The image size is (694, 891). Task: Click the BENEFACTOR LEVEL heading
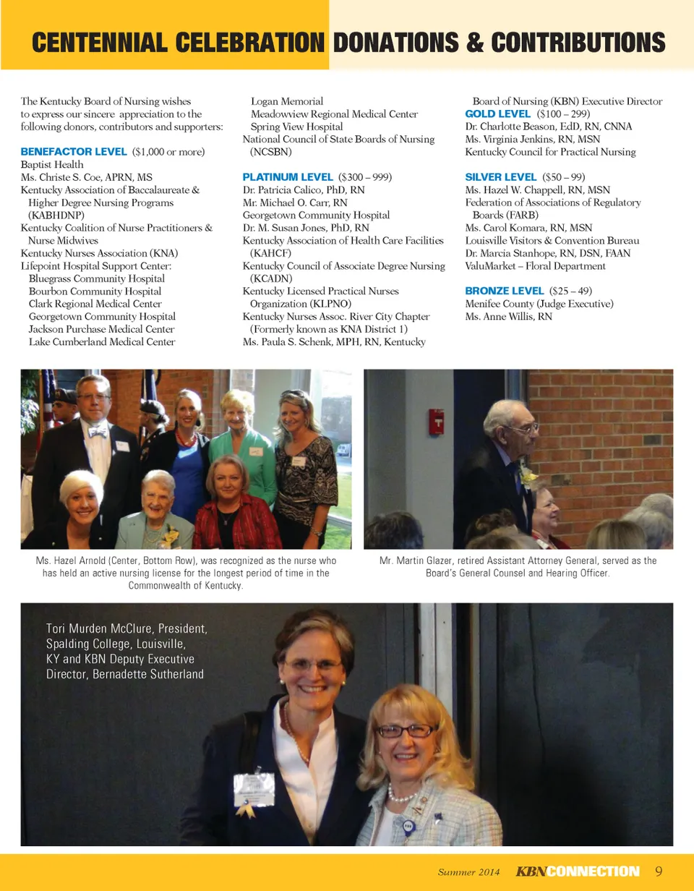[74, 152]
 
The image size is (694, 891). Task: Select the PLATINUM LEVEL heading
[288, 176]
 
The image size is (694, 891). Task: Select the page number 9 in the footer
[659, 871]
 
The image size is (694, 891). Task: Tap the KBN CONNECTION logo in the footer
[578, 871]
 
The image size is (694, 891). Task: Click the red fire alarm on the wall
[436, 421]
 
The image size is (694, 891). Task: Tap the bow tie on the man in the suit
[98, 432]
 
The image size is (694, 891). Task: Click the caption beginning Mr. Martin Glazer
[518, 566]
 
